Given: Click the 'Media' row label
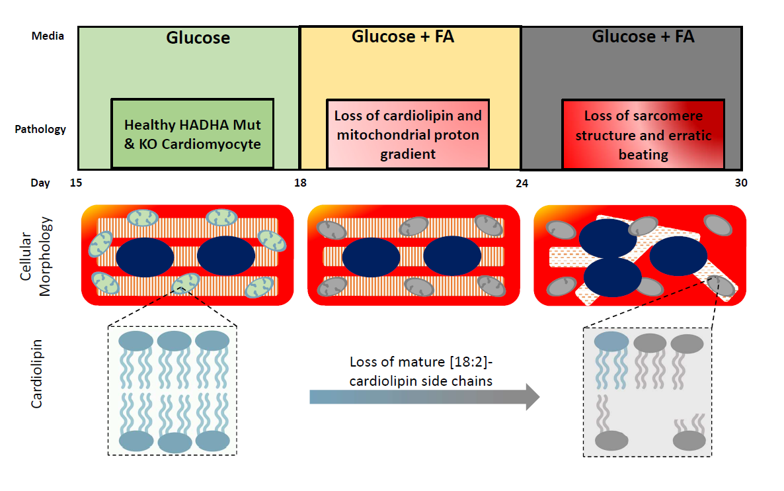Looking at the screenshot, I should click(48, 36).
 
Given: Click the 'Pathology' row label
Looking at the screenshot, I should click(40, 129).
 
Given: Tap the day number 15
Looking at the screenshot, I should click(75, 183).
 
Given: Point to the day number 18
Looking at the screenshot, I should click(300, 183).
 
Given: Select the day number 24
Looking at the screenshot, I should click(522, 183).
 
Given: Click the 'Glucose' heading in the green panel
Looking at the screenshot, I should click(198, 38).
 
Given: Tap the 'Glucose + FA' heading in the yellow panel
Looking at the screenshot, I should click(403, 36).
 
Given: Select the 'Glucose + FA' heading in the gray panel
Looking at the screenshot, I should click(643, 36).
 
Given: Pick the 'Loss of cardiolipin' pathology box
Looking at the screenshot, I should click(408, 134).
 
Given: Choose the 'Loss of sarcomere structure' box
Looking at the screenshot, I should click(643, 134).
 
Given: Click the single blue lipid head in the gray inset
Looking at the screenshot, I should click(611, 341).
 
